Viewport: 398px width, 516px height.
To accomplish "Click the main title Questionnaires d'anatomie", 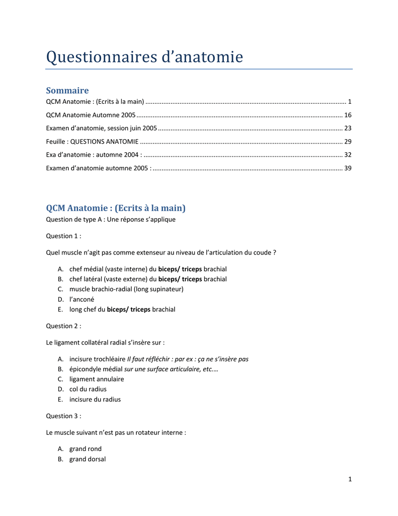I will tap(144, 57).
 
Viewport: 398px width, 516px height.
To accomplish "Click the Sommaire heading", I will tap(67, 91).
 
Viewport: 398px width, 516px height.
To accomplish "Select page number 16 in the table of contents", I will tap(348, 115).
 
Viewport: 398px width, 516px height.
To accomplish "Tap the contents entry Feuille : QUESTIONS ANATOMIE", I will tap(92, 141).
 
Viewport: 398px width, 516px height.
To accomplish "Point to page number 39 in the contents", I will tap(348, 168).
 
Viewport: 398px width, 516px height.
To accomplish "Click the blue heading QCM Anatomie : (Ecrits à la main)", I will tap(116, 208).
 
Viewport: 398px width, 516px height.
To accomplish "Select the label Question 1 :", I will tap(63, 236).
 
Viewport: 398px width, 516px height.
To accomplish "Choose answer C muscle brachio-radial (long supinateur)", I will tap(126, 289).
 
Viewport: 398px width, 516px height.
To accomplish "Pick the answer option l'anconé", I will tap(82, 299).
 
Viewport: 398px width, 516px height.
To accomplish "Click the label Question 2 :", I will tap(63, 326).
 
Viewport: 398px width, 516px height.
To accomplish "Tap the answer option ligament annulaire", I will tap(97, 379).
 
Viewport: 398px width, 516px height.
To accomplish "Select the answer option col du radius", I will tap(88, 389).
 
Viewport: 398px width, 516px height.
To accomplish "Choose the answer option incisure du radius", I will tap(95, 399).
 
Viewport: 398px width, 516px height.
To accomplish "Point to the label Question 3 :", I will tap(63, 416).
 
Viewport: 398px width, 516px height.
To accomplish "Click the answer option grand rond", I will tap(86, 448).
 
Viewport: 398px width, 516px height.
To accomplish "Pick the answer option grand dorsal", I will tap(88, 459).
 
